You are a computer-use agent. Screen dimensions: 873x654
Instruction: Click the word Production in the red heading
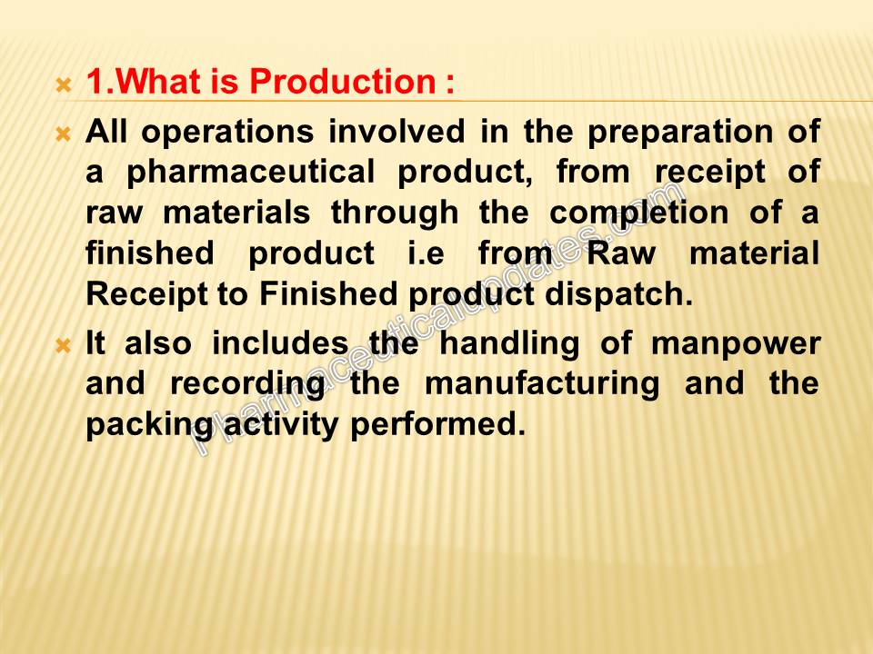[343, 81]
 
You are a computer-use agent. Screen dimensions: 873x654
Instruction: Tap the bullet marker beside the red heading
[64, 85]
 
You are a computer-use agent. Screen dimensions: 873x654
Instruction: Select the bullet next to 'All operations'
[64, 134]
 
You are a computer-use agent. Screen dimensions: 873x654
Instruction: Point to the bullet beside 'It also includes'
[64, 346]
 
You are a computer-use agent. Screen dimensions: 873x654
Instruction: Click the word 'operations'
[227, 134]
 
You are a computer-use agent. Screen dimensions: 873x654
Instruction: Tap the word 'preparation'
[680, 134]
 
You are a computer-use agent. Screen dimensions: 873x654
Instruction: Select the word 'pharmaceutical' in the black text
[251, 173]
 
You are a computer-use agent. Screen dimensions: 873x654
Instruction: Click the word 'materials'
[236, 213]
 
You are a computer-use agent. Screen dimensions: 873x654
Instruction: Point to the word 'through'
[395, 213]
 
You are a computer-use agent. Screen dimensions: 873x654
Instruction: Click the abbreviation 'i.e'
[426, 253]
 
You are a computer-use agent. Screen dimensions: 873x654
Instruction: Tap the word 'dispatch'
[618, 294]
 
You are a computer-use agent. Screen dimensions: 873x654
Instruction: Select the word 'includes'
[281, 343]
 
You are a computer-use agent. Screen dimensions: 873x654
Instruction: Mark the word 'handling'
[509, 344]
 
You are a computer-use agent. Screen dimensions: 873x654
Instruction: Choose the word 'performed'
[437, 425]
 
